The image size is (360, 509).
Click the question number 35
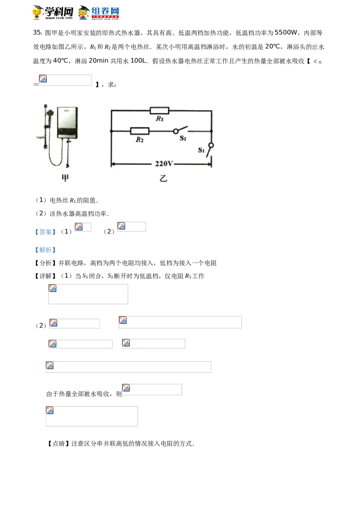coord(37,32)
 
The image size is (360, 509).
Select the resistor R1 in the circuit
coord(159,111)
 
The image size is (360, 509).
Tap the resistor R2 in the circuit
coord(139,131)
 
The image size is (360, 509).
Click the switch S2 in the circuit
coord(181,130)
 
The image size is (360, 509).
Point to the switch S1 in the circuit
coord(211,150)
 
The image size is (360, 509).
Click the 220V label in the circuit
coord(164,164)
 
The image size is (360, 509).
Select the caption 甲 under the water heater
coord(65,178)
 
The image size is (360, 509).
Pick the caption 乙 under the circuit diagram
coord(163,178)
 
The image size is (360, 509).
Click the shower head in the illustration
coord(49,113)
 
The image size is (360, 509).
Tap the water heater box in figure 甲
coord(67,122)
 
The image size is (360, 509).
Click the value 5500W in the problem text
coord(286,32)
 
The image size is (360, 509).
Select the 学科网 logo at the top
coord(53,13)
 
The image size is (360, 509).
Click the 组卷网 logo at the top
coord(99,13)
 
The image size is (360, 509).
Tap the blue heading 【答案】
coord(45,232)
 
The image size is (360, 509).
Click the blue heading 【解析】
coord(45,250)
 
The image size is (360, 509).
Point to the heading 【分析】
coord(45,263)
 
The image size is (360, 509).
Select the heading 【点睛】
coord(58,443)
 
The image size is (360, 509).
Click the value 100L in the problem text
coord(139,61)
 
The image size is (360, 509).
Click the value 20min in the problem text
coord(99,61)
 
